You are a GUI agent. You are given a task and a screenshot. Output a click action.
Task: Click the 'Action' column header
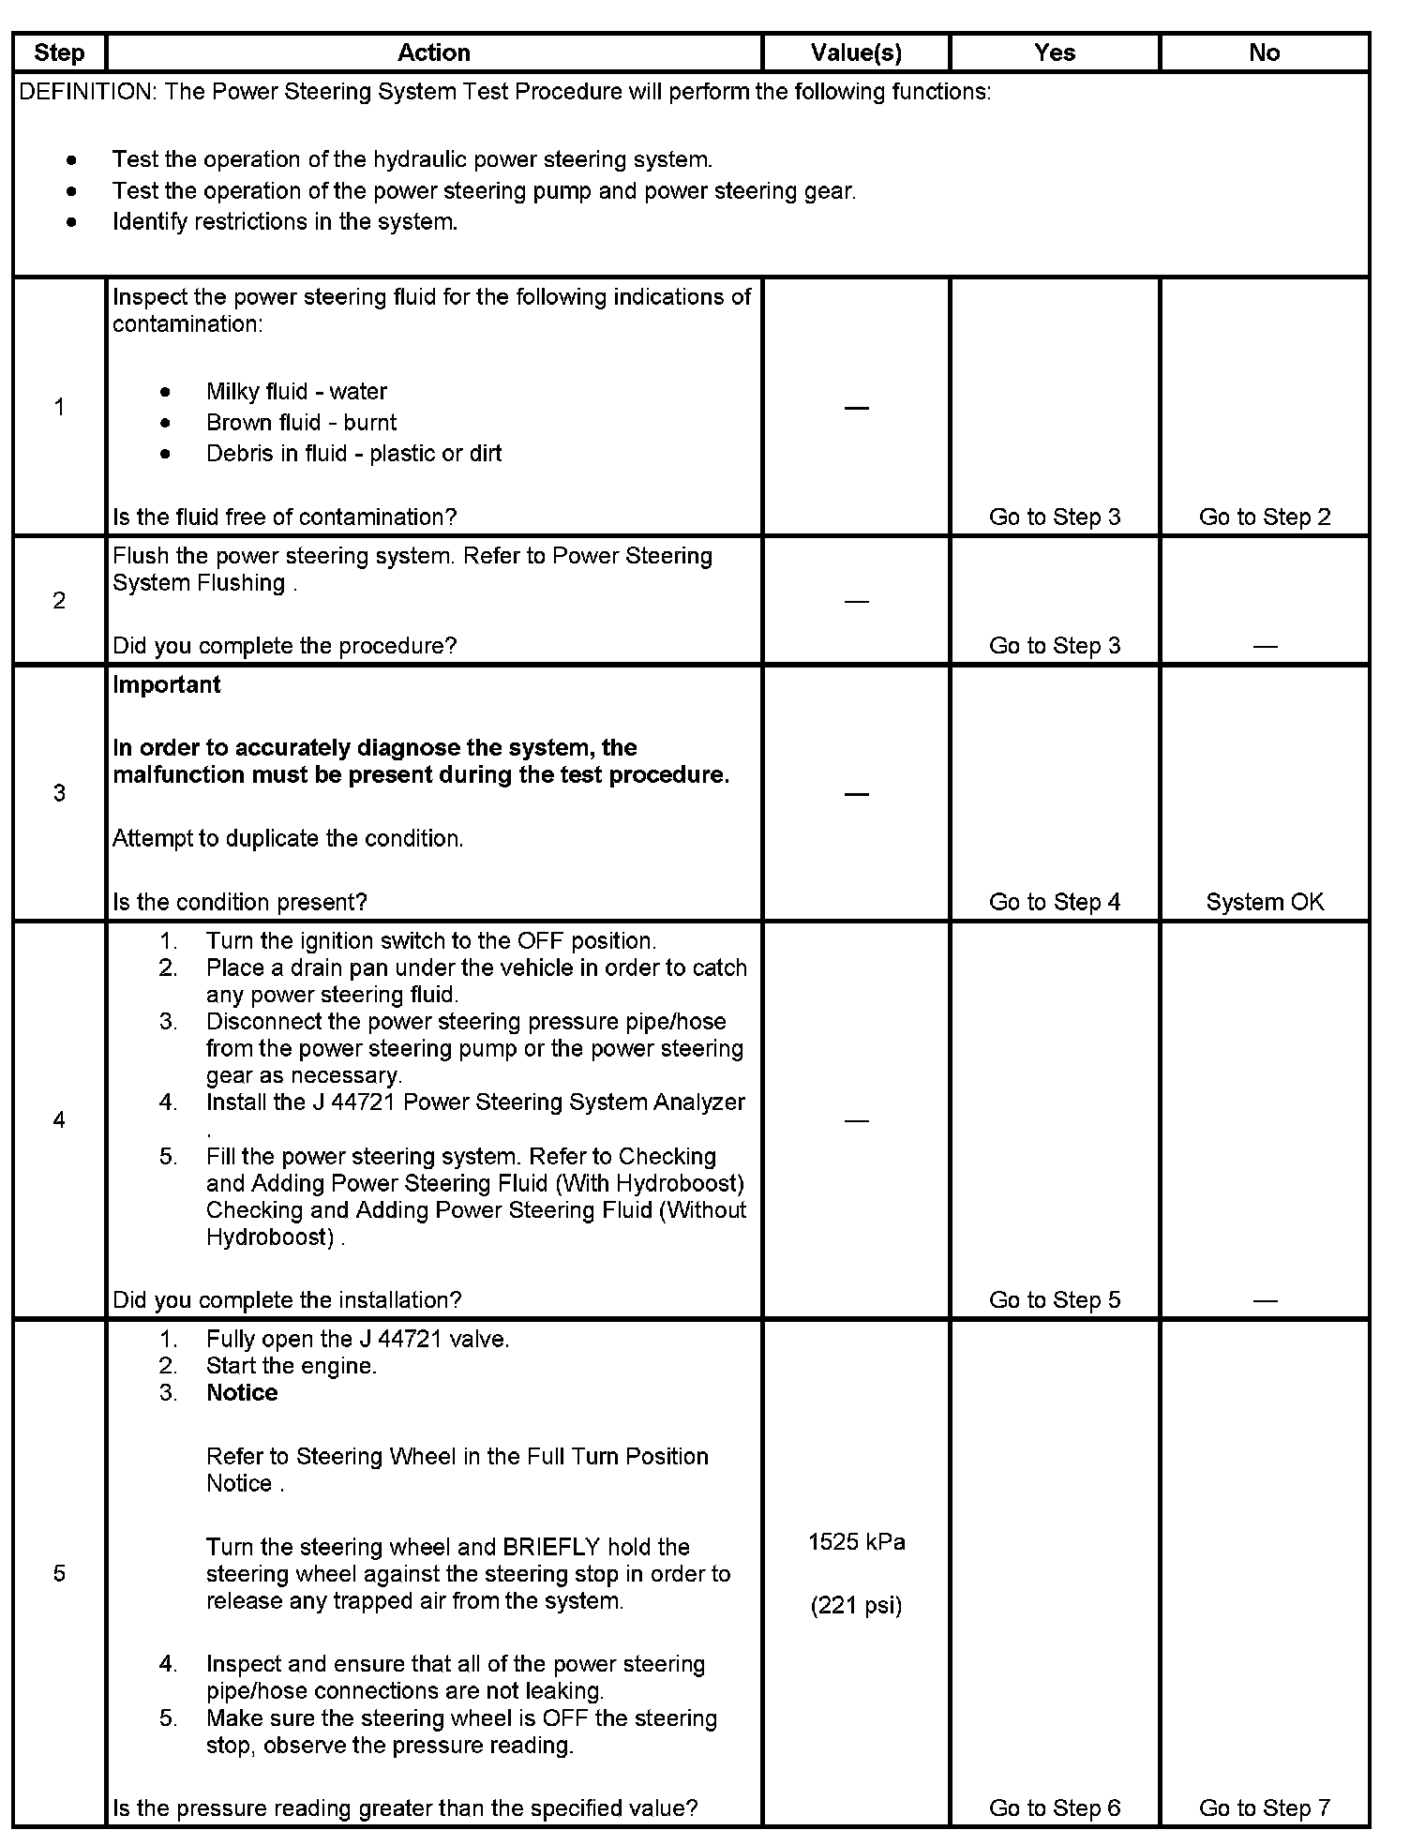click(x=433, y=52)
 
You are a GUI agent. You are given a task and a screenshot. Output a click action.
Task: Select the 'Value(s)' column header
click(x=856, y=52)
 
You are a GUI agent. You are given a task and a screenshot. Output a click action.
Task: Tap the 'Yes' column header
click(x=1055, y=52)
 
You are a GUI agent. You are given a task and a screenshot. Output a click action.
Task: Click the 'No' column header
click(x=1264, y=52)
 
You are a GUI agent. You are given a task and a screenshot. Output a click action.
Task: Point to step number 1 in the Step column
click(x=59, y=407)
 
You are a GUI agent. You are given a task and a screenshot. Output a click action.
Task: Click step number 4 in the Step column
click(x=59, y=1119)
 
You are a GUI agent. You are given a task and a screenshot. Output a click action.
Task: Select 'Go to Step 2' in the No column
click(x=1264, y=517)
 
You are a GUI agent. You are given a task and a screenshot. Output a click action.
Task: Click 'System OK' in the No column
click(x=1264, y=902)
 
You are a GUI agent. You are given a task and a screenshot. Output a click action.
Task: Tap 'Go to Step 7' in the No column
click(x=1264, y=1807)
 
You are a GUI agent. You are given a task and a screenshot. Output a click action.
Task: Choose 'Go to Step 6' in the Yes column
click(x=1055, y=1807)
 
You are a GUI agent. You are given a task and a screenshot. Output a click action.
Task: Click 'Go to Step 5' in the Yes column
click(x=1055, y=1299)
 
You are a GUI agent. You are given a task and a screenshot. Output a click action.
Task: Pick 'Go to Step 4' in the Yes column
click(x=1055, y=902)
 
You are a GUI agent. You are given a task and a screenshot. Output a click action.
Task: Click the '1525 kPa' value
click(x=856, y=1542)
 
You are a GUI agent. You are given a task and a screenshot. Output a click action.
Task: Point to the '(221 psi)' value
click(x=856, y=1606)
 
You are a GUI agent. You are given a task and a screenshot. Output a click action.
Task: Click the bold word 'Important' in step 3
click(x=167, y=684)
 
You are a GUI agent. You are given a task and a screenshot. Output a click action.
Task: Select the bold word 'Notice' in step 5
click(x=242, y=1392)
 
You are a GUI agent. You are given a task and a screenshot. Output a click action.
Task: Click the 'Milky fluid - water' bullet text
click(x=296, y=391)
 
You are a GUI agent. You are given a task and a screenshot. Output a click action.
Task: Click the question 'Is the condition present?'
click(x=240, y=902)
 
